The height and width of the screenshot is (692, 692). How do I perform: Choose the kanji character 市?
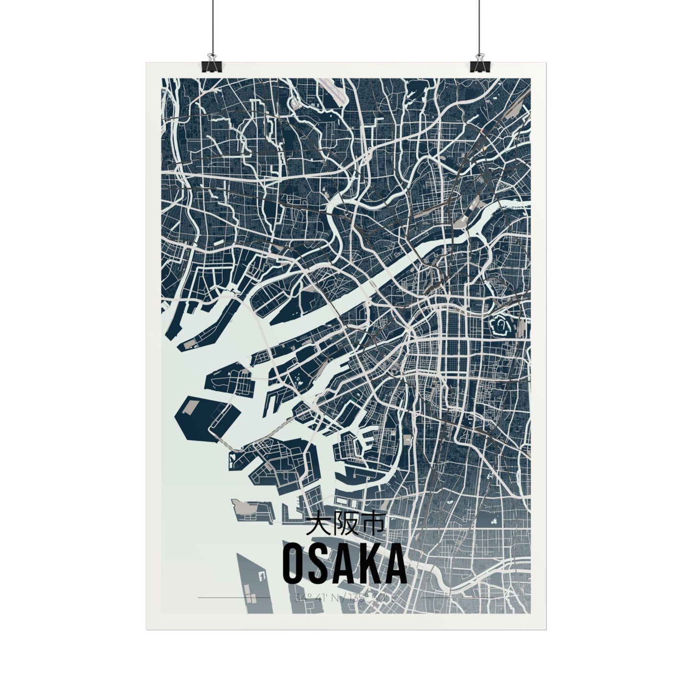[x=372, y=525]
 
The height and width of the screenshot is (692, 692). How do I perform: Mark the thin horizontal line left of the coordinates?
[x=235, y=598]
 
